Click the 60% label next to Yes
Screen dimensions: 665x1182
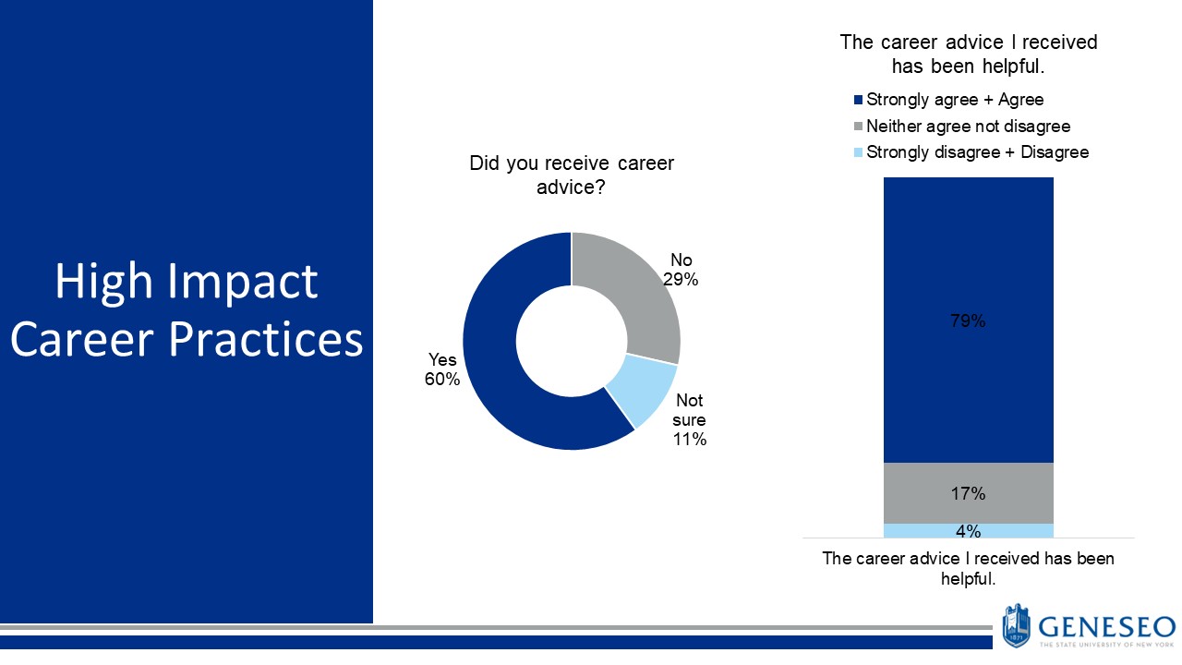pyautogui.click(x=442, y=380)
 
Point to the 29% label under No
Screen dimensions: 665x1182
pyautogui.click(x=680, y=278)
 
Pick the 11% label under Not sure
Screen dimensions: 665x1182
pyautogui.click(x=690, y=440)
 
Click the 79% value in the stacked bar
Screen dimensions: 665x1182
pyautogui.click(x=968, y=321)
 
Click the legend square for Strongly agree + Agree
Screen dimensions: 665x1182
pyautogui.click(x=859, y=100)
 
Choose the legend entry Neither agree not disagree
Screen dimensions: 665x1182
pyautogui.click(x=968, y=126)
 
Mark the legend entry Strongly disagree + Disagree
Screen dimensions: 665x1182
pyautogui.click(x=977, y=151)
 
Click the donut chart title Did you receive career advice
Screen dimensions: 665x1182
pyautogui.click(x=572, y=175)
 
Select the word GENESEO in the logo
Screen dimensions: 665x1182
pyautogui.click(x=1106, y=625)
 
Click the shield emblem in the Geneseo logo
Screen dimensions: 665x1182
pyautogui.click(x=1016, y=625)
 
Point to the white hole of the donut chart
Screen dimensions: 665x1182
pyautogui.click(x=572, y=342)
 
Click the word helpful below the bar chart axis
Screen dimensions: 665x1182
pyautogui.click(x=967, y=579)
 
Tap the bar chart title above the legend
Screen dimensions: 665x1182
pyautogui.click(x=968, y=54)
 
